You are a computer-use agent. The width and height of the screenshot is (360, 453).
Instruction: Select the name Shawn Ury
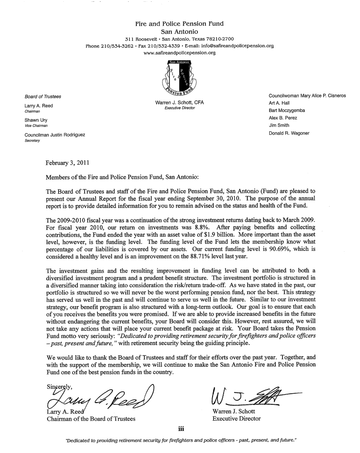[34, 120]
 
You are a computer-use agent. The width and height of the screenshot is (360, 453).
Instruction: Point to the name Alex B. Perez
[283, 118]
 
